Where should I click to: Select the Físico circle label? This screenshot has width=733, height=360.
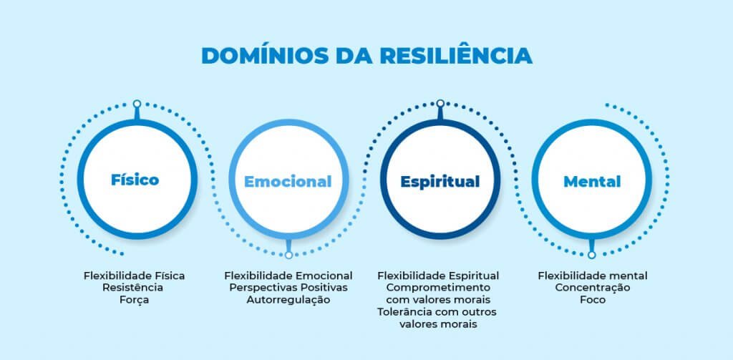tap(135, 180)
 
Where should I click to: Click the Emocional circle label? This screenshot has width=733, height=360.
tap(288, 182)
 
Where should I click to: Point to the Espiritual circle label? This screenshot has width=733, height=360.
tap(440, 182)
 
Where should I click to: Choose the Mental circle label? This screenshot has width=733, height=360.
tap(592, 182)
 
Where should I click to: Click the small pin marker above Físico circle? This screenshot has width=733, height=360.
tap(137, 104)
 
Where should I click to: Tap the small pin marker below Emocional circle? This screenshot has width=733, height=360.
tap(288, 254)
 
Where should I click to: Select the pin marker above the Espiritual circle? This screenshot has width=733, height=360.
tap(440, 104)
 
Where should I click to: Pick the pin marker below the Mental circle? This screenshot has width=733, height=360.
tap(592, 254)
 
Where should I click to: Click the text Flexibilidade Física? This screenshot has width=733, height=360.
tap(135, 276)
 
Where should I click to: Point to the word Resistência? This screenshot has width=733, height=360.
tap(134, 288)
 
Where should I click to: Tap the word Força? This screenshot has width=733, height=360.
tap(135, 300)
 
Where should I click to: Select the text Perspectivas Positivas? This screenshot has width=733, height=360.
tap(288, 288)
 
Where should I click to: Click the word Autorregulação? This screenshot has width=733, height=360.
tap(288, 300)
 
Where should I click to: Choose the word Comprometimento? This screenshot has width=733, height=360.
tap(438, 288)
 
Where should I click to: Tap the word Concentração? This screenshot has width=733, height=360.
tap(593, 288)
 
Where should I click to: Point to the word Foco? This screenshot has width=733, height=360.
tap(593, 300)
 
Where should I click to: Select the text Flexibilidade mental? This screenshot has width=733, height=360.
tap(593, 276)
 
